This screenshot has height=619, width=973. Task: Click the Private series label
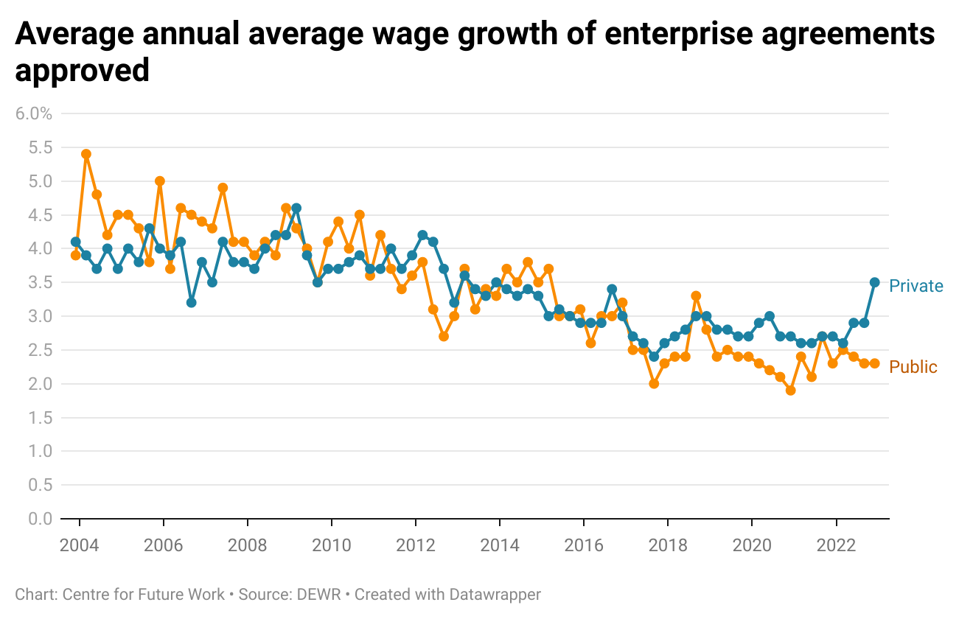click(916, 286)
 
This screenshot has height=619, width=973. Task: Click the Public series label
click(913, 367)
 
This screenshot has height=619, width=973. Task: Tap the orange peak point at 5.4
click(86, 154)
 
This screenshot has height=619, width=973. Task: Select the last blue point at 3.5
click(875, 282)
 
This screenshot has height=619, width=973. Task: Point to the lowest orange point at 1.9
click(791, 391)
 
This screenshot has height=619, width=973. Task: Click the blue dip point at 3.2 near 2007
click(192, 303)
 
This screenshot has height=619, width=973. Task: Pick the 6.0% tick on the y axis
click(34, 113)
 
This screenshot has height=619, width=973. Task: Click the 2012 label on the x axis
click(416, 546)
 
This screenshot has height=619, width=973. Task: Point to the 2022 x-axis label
click(836, 546)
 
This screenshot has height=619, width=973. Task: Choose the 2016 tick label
click(584, 546)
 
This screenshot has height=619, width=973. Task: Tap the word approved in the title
click(83, 71)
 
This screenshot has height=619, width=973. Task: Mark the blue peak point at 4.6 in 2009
click(296, 208)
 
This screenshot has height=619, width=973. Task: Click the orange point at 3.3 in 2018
click(696, 296)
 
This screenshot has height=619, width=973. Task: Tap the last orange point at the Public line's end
click(875, 363)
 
